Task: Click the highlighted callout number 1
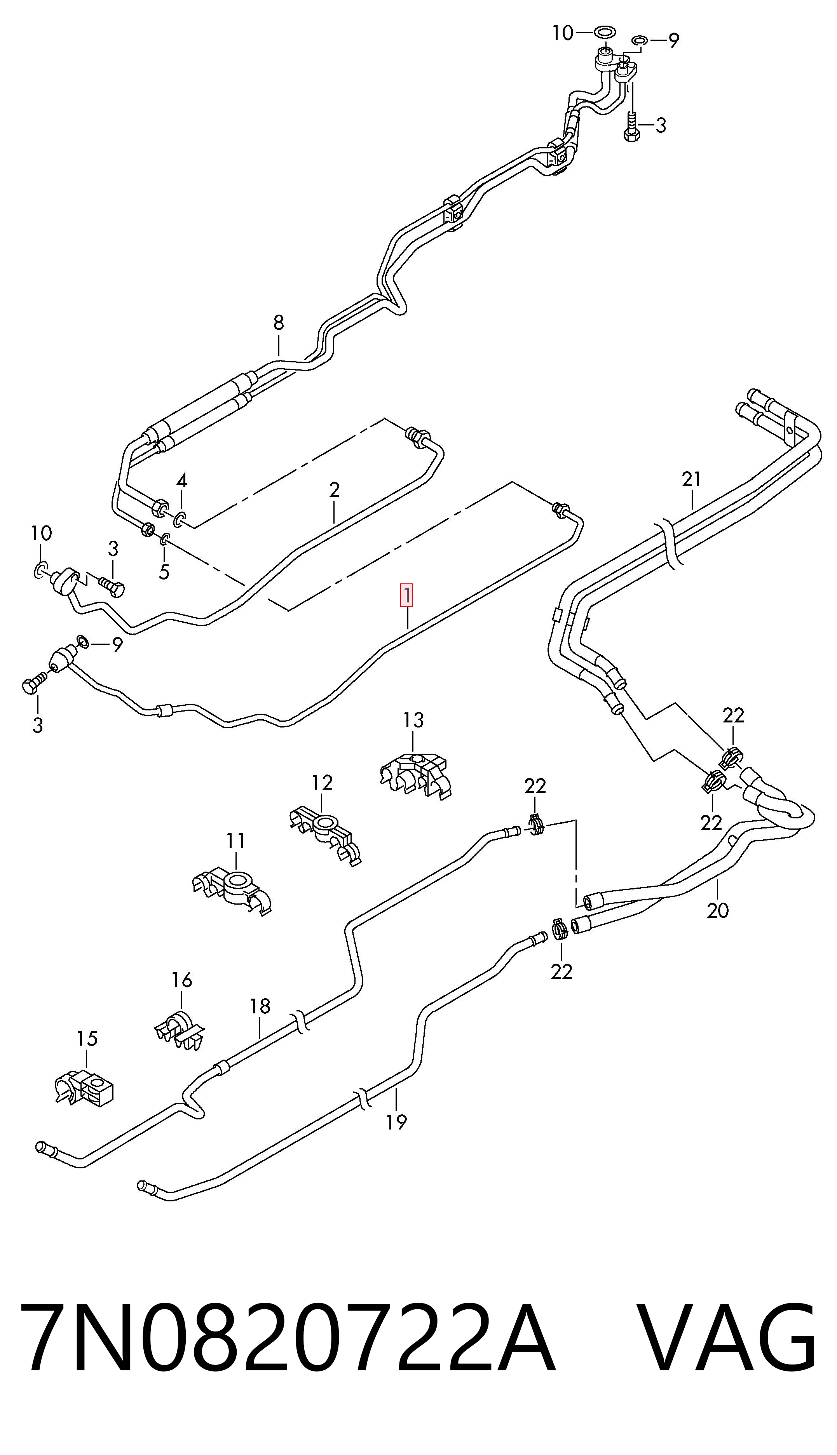406,595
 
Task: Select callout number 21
692,479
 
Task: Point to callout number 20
717,910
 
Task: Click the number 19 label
396,1122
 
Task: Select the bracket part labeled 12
325,835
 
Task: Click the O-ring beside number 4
180,520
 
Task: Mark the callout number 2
334,490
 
